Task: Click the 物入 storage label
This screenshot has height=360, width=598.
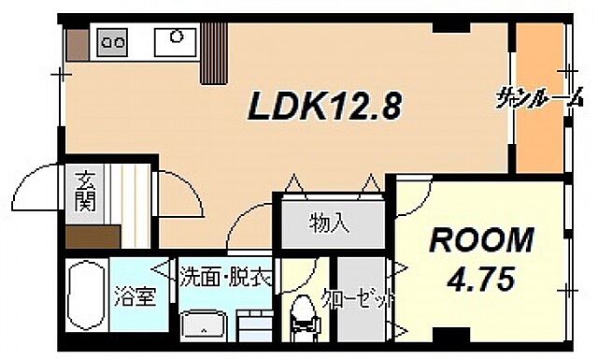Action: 329,223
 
